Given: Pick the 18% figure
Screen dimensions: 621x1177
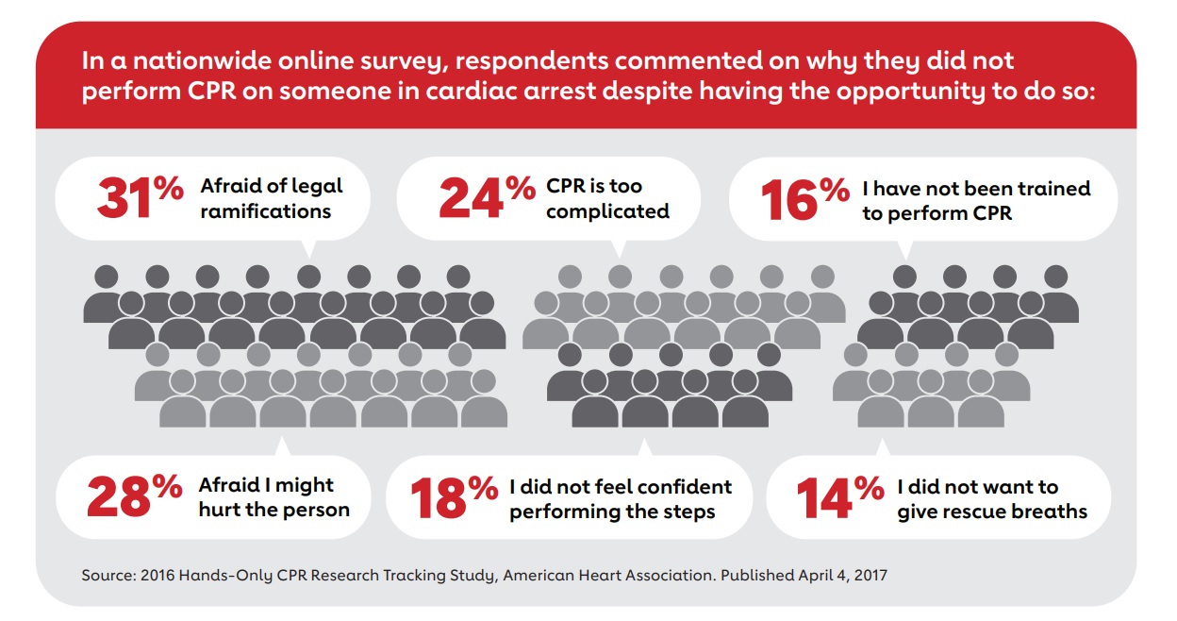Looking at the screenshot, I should click(x=454, y=498).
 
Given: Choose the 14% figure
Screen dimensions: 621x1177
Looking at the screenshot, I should click(x=839, y=498).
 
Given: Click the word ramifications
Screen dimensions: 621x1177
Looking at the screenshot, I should click(x=265, y=210).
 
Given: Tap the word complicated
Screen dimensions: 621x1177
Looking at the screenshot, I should click(x=607, y=210).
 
